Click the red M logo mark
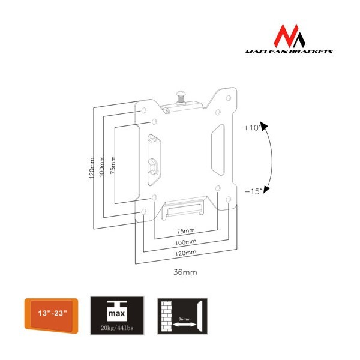pos(289,36)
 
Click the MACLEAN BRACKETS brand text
pos(289,52)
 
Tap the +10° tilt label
pos(253,127)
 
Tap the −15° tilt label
pos(253,191)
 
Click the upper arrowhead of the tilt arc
pos(264,126)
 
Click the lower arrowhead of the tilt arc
pos(266,189)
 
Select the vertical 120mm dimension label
pos(92,168)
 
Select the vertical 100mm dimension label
pos(101,167)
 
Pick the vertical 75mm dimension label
pos(113,165)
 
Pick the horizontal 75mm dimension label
pos(185,231)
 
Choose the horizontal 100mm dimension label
pos(185,242)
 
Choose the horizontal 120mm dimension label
pos(185,253)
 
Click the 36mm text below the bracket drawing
pos(185,272)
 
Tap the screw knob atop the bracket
pos(181,97)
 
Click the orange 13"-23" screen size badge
pos(51,315)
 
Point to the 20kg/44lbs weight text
pos(117,328)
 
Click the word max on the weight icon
pos(116,313)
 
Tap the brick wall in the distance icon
pos(166,316)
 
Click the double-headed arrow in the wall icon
pos(185,325)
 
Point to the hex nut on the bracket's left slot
pos(153,165)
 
